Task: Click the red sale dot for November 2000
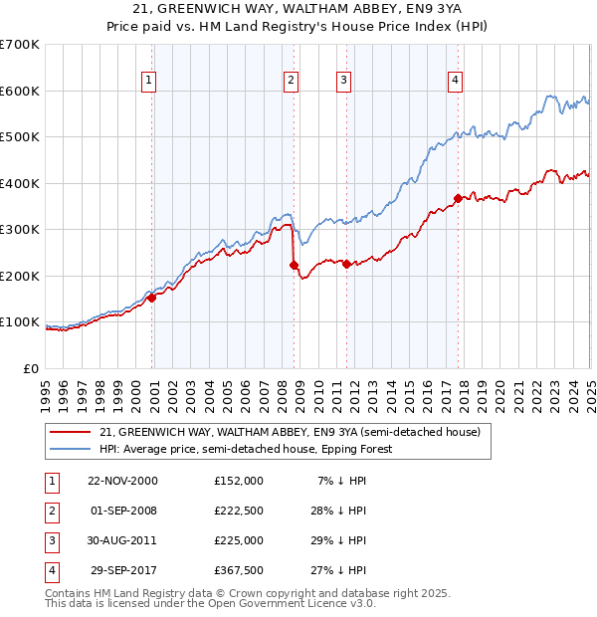pyautogui.click(x=152, y=298)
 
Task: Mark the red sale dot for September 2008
pyautogui.click(x=294, y=265)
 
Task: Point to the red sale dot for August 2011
pyautogui.click(x=347, y=264)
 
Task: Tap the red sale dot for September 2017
pyautogui.click(x=458, y=198)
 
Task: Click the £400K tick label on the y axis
pyautogui.click(x=20, y=183)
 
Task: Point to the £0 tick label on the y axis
pyautogui.click(x=30, y=368)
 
